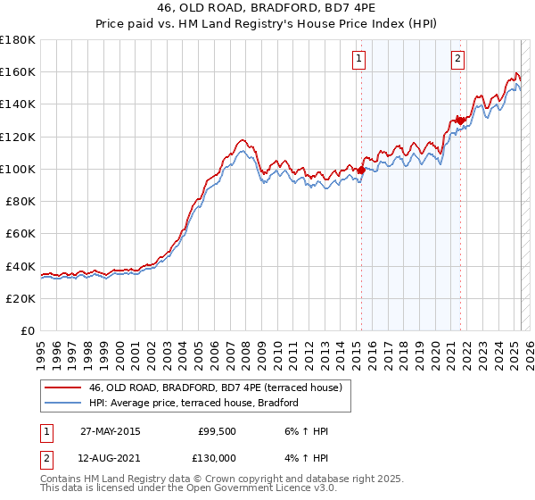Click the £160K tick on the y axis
point(19,71)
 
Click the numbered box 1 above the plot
point(358,60)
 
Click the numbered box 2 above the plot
point(457,60)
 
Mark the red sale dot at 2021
point(460,120)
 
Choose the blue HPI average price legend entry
point(193,404)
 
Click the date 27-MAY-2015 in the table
point(110,431)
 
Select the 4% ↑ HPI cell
point(308,458)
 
